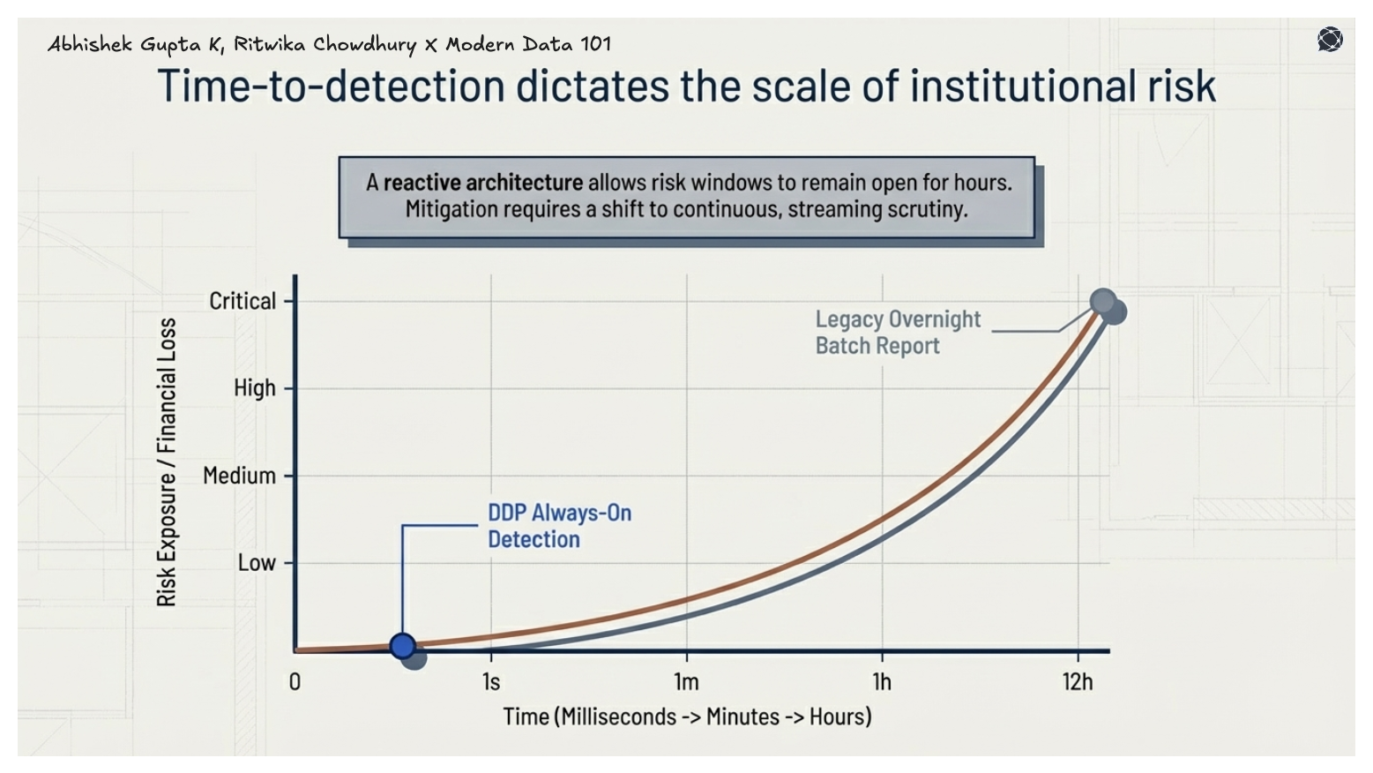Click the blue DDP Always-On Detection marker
(x=402, y=646)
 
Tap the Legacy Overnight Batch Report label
(x=897, y=332)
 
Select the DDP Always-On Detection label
(x=559, y=526)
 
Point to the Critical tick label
(x=243, y=301)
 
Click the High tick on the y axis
(x=254, y=388)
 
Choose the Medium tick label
(x=239, y=476)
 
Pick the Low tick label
(x=257, y=563)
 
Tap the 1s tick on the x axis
(x=491, y=682)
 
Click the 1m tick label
(x=686, y=682)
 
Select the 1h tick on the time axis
(x=882, y=682)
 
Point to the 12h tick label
(x=1078, y=682)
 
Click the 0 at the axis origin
(x=295, y=682)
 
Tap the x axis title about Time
(x=687, y=717)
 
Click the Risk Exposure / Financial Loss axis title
(x=167, y=462)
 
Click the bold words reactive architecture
(x=482, y=183)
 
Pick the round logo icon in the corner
(x=1330, y=40)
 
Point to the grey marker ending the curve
(x=1103, y=302)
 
